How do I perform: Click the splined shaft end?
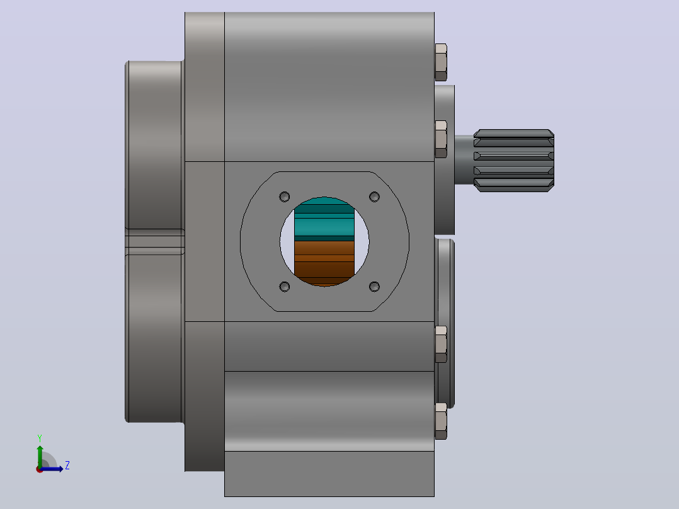[x=513, y=160]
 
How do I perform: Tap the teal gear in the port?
[x=324, y=219]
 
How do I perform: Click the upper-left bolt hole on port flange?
[x=285, y=197]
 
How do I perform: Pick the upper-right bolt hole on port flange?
[x=375, y=197]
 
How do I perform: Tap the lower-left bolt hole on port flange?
[x=285, y=287]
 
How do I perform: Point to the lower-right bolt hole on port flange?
[x=375, y=287]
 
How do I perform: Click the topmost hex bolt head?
[x=441, y=62]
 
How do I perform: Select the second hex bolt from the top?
[x=441, y=139]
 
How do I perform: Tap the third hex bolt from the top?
[x=441, y=345]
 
